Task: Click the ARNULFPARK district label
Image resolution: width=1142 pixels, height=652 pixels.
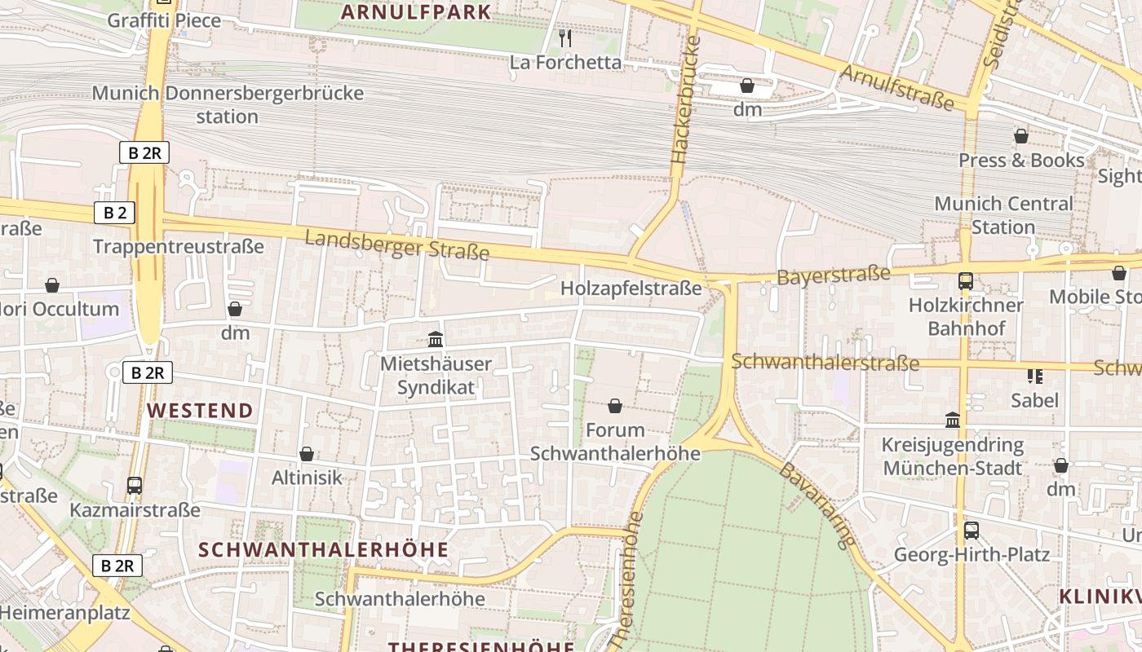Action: coord(416,12)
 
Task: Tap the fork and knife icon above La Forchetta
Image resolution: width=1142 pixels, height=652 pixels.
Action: coord(564,37)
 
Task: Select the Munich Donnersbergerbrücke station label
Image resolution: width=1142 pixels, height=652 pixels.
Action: coord(228,104)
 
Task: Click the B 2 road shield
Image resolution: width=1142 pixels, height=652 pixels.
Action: coord(114,214)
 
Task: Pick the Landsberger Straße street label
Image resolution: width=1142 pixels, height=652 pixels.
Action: coord(397,244)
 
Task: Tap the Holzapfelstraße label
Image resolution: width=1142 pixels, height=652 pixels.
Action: coord(631,288)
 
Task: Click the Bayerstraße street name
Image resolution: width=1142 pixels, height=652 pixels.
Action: coord(833,275)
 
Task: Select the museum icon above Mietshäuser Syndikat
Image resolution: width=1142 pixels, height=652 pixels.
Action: coord(436,339)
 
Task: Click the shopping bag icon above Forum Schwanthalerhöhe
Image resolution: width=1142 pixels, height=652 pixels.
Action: coord(615,406)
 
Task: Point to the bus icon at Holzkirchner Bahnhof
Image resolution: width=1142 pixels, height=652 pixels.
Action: coord(966,281)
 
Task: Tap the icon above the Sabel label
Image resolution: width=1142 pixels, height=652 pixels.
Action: coord(1034,376)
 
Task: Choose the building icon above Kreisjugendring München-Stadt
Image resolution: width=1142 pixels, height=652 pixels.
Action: coord(952,421)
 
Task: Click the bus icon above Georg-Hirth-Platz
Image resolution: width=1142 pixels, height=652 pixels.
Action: coord(971,531)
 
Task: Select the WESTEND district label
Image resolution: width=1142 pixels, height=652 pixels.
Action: coord(201,410)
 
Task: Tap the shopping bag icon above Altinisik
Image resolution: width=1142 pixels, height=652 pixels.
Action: coord(307,454)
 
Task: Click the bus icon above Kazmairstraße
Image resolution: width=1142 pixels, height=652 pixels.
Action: coord(135,486)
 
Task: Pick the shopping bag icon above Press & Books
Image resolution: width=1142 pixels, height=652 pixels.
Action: coord(1020,136)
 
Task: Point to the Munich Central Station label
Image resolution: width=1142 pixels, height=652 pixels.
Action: coord(1003,215)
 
